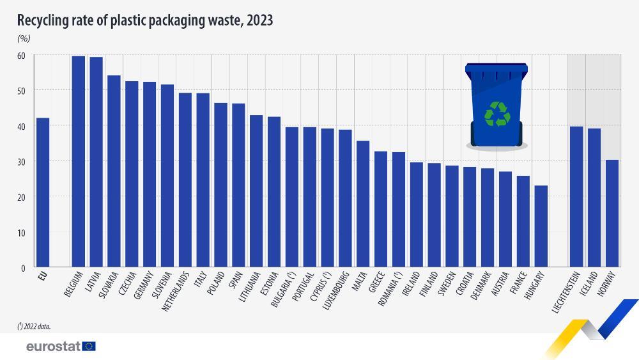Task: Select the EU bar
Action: click(x=42, y=192)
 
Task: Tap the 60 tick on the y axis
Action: click(x=21, y=56)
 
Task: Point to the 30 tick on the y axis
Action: click(x=21, y=162)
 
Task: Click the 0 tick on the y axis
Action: click(x=23, y=268)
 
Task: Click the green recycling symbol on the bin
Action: click(x=497, y=114)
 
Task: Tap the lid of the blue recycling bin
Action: click(x=497, y=67)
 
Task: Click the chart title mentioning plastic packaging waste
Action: click(x=145, y=20)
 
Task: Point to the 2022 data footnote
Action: click(x=35, y=325)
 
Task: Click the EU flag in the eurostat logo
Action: click(x=89, y=346)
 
